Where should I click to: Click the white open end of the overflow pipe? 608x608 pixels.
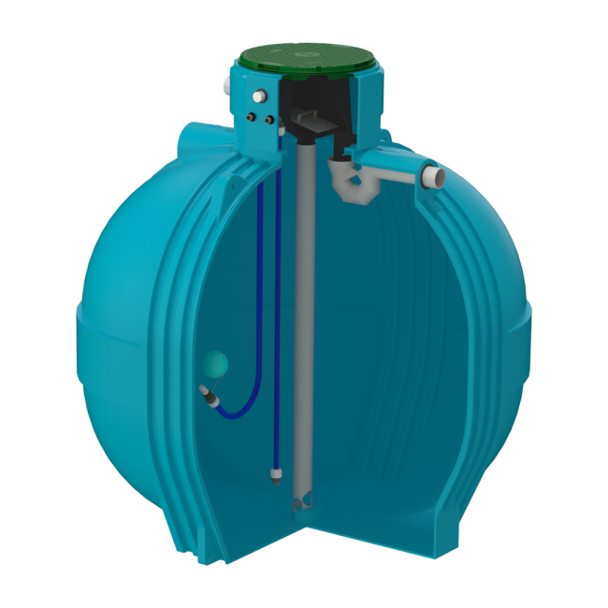pyautogui.click(x=434, y=175)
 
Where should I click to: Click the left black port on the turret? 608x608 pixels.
pyautogui.click(x=252, y=118)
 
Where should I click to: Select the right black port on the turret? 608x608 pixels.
pyautogui.click(x=268, y=121)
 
